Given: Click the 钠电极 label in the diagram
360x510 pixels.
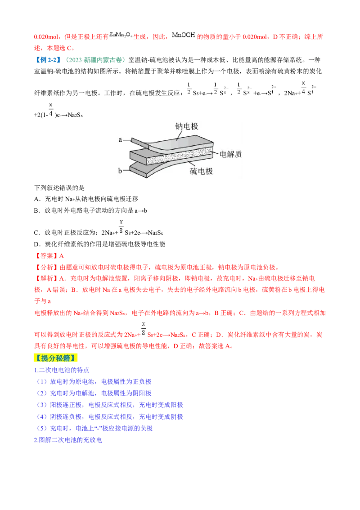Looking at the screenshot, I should coord(186,126).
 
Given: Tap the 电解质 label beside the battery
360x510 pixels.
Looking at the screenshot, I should coord(230,154).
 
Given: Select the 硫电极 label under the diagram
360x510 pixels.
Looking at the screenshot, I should coord(201,171).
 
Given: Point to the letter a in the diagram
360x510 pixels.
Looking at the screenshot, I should coord(120,140).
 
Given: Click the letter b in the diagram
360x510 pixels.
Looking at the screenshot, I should coord(120,170).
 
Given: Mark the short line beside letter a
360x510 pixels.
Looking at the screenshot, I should coord(127,140).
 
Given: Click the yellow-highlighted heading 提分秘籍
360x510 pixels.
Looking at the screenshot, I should coord(56,358).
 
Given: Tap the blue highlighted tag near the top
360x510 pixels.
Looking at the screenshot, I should coord(49,60).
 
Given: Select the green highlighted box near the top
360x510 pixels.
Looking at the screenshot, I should coord(95,60).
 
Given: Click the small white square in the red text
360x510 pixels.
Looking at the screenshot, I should coord(52,300).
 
